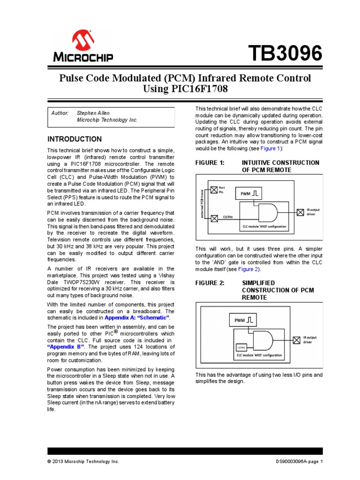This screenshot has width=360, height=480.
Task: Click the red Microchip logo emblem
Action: (x=82, y=40)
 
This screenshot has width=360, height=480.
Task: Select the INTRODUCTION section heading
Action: (x=75, y=139)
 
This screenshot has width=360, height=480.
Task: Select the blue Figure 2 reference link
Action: (x=247, y=270)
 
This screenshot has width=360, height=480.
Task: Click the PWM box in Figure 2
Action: (x=243, y=321)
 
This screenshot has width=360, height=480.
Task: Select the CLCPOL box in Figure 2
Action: (x=241, y=347)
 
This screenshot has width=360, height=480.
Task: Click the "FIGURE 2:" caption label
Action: (x=210, y=283)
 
